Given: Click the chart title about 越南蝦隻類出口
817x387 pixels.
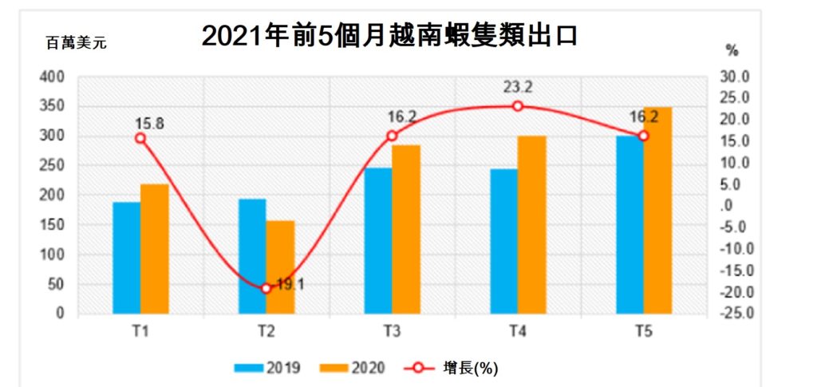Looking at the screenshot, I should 389,36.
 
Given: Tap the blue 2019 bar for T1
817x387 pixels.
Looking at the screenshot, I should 126,258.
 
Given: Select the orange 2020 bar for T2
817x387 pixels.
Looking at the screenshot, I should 280,267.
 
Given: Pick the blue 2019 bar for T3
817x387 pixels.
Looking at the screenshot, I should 377,241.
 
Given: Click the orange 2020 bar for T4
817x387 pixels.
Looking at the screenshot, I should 531,225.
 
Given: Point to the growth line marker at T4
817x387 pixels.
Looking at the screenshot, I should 518,106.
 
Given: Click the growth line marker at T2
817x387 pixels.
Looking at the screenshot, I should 266,288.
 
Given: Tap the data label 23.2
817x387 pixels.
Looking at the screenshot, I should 518,85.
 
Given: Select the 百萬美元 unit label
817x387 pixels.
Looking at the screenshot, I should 76,43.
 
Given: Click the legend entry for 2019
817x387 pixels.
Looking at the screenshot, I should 267,368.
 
